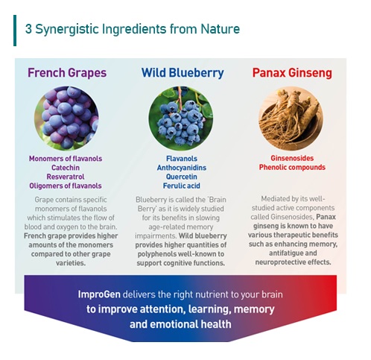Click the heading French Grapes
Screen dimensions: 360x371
(67, 73)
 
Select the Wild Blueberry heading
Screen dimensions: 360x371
(183, 73)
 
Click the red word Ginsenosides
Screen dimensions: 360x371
(292, 159)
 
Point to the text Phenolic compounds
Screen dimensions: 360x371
(292, 168)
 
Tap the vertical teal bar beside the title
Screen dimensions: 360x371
(15, 30)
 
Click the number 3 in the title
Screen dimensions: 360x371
(28, 30)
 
